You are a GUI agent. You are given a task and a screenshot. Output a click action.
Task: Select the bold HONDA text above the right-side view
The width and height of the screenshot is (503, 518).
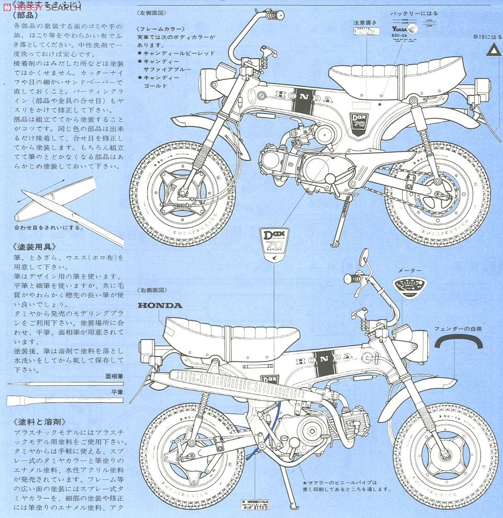160,305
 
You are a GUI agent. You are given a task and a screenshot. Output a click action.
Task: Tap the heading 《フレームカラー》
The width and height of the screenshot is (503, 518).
161,29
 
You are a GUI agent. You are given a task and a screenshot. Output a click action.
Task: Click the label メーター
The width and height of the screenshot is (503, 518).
409,271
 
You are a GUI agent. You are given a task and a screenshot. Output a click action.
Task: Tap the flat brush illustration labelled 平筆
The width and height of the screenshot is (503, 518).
63,401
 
